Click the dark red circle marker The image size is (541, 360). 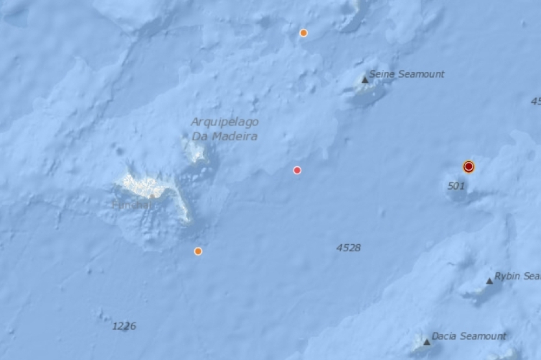click(x=469, y=167)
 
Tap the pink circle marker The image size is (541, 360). click(x=297, y=170)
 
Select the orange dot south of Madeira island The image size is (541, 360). click(x=198, y=251)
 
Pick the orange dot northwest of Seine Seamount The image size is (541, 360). click(x=304, y=32)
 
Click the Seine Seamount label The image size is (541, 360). click(x=406, y=74)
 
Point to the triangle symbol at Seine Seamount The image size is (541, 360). click(x=365, y=80)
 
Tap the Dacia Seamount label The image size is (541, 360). click(x=469, y=336)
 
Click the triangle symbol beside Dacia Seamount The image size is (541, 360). click(x=427, y=342)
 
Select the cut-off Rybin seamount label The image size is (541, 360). click(x=518, y=276)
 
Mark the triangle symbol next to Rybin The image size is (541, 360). click(x=490, y=280)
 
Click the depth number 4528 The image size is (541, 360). click(x=348, y=248)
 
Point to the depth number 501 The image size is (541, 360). click(x=456, y=186)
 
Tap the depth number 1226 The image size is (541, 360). click(x=124, y=326)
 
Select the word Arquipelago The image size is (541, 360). click(x=225, y=122)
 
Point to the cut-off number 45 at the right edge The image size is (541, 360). click(x=536, y=101)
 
